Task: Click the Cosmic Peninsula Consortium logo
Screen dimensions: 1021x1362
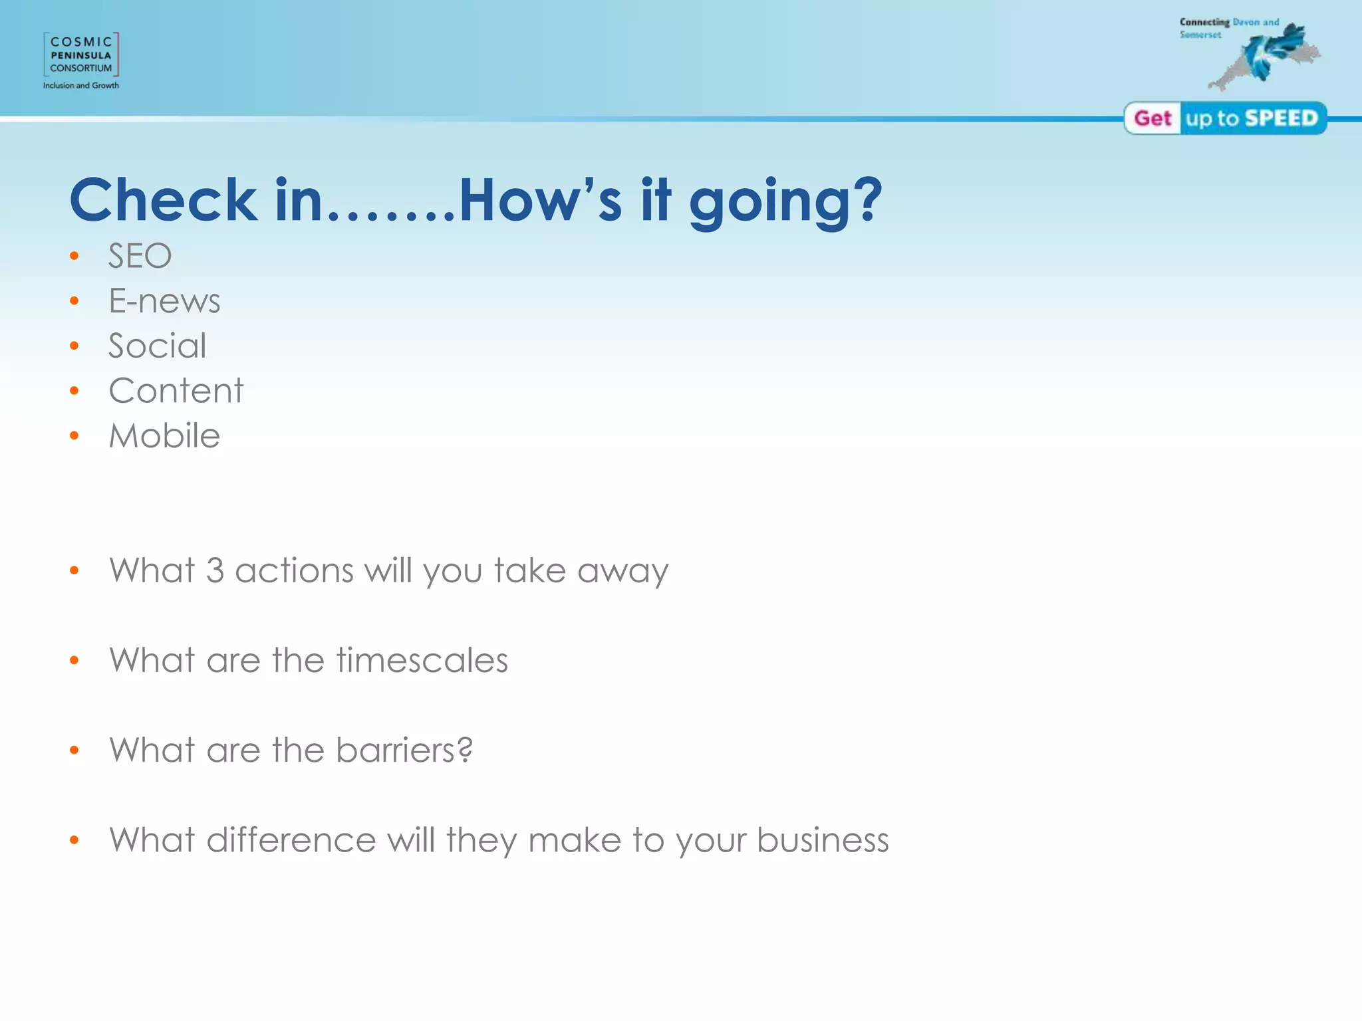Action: pyautogui.click(x=81, y=55)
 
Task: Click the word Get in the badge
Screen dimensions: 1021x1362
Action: pyautogui.click(x=1153, y=118)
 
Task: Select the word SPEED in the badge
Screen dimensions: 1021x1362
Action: pyautogui.click(x=1281, y=118)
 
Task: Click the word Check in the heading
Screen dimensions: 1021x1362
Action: pyautogui.click(x=164, y=200)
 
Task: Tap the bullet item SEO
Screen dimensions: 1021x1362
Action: pyautogui.click(x=140, y=256)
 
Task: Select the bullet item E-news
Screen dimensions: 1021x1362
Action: pyautogui.click(x=164, y=301)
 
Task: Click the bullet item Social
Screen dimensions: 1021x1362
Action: pyautogui.click(x=158, y=346)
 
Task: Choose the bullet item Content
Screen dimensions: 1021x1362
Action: pyautogui.click(x=176, y=391)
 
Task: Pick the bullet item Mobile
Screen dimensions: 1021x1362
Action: pyautogui.click(x=164, y=436)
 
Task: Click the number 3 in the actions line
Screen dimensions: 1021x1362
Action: pyautogui.click(x=215, y=571)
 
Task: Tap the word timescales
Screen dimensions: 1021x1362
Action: pyautogui.click(x=422, y=661)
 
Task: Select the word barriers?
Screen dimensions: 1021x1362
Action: pyautogui.click(x=404, y=750)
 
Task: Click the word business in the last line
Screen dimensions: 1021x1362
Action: pyautogui.click(x=823, y=840)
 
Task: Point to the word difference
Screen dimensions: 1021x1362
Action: pyautogui.click(x=291, y=840)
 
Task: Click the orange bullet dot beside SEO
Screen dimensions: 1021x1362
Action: pyautogui.click(x=74, y=256)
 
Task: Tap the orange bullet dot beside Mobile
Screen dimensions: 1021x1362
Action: pyautogui.click(x=74, y=436)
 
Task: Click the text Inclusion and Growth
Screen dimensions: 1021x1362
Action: pyautogui.click(x=81, y=86)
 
